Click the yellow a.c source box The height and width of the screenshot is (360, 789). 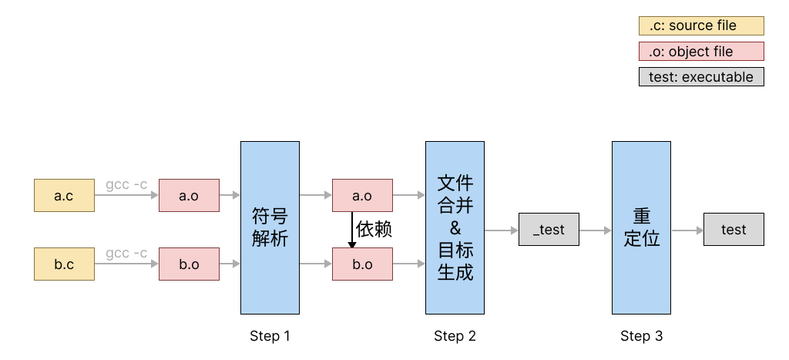[x=64, y=196]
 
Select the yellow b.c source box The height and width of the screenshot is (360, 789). [x=64, y=264]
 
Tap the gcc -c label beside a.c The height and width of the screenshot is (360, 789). [x=126, y=185]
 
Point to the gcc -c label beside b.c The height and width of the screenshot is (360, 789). [x=126, y=254]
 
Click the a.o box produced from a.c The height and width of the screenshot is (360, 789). [x=189, y=196]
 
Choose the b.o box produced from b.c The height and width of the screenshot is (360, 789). [x=189, y=264]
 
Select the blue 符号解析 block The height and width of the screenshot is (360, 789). [x=270, y=227]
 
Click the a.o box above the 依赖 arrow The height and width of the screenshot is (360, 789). [x=362, y=196]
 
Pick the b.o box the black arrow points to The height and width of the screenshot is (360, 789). [x=362, y=264]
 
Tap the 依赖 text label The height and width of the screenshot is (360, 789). [x=374, y=230]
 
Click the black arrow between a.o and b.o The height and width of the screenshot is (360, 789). [x=352, y=230]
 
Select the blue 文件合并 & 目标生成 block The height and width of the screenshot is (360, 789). [x=455, y=227]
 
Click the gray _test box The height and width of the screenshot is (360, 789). [x=549, y=230]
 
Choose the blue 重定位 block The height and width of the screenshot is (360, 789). [x=641, y=227]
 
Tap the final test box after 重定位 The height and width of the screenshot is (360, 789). [x=734, y=230]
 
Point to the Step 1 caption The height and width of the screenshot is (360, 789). [x=270, y=336]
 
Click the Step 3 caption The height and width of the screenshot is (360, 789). [x=641, y=336]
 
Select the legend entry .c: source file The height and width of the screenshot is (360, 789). [x=701, y=25]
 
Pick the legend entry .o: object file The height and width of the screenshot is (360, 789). [x=701, y=52]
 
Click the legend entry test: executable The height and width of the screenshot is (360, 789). [x=701, y=77]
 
